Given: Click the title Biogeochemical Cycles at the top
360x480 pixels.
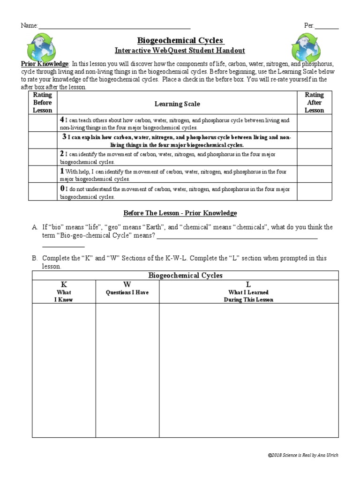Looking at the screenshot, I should pyautogui.click(x=180, y=41).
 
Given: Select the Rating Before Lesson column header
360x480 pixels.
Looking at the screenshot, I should pyautogui.click(x=43, y=103).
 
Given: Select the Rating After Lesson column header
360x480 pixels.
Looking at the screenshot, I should pyautogui.click(x=314, y=103).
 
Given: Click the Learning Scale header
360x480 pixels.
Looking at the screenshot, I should pyautogui.click(x=177, y=104).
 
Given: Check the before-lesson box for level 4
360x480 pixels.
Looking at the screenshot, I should pyautogui.click(x=43, y=123).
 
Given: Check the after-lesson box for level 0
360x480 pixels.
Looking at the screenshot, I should pyautogui.click(x=314, y=192).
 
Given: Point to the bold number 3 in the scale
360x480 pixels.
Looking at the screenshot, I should pyautogui.click(x=64, y=137).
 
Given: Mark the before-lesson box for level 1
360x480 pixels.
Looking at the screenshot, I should pyautogui.click(x=43, y=174).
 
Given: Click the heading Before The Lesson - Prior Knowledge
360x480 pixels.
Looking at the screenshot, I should pyautogui.click(x=180, y=213).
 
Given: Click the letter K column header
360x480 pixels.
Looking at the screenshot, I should pyautogui.click(x=64, y=285).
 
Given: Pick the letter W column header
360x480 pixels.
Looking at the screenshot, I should pyautogui.click(x=127, y=285).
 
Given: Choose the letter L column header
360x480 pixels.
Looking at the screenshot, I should pyautogui.click(x=248, y=285).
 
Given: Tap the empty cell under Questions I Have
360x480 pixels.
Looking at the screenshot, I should pyautogui.click(x=127, y=370).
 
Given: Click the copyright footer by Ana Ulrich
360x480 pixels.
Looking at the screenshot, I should pyautogui.click(x=303, y=456).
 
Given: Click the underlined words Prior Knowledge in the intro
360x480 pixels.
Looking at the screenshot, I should pyautogui.click(x=45, y=63).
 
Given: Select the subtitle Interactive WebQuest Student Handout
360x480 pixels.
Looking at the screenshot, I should pyautogui.click(x=180, y=51).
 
